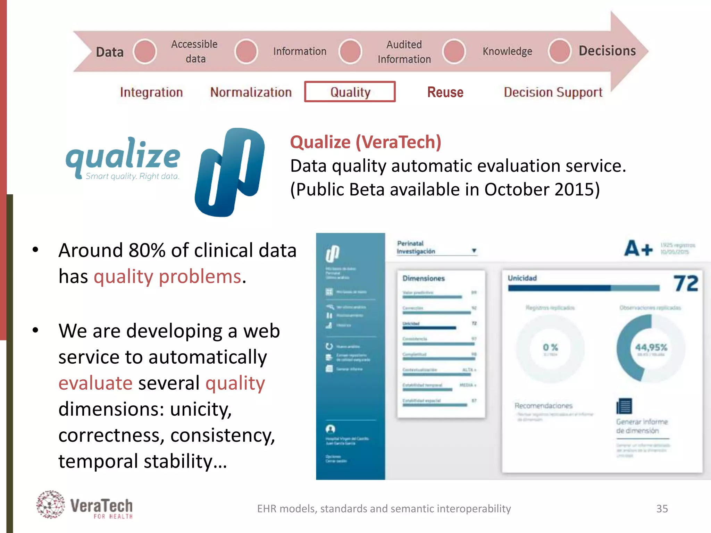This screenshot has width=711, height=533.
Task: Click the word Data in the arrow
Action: (110, 52)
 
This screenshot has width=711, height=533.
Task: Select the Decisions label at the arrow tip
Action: (607, 51)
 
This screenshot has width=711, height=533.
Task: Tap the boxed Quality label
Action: (350, 92)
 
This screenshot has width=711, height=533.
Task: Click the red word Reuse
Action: (445, 92)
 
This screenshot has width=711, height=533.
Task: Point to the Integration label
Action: (151, 92)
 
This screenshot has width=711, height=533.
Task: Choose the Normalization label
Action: (251, 92)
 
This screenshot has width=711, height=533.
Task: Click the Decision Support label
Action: (553, 92)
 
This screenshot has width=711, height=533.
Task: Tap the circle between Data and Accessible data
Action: (145, 51)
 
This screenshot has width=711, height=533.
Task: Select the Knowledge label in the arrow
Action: (507, 51)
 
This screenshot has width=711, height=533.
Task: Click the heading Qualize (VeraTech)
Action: (366, 142)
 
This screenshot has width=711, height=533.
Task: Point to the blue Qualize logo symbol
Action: (230, 172)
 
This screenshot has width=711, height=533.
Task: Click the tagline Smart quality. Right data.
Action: (132, 176)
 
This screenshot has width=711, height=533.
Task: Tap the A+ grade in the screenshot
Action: (638, 248)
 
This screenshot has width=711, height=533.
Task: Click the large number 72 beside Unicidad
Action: (686, 284)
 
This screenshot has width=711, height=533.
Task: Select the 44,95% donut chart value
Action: (651, 347)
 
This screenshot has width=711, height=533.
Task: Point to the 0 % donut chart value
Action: (550, 347)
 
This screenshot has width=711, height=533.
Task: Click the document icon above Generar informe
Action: (624, 406)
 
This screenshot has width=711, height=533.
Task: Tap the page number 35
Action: (662, 509)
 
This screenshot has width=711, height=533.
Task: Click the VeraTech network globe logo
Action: (51, 505)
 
